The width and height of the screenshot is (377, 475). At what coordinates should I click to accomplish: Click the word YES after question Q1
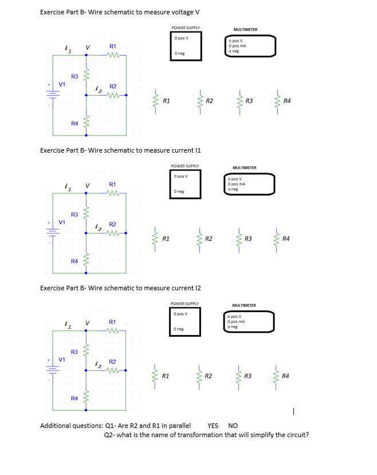point(213,426)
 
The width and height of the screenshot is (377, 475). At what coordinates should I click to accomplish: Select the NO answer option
point(233,426)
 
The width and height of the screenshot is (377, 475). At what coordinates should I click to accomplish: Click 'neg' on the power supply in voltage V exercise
point(180,53)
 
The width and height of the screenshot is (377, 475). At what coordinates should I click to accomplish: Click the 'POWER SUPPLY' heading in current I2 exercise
point(184,303)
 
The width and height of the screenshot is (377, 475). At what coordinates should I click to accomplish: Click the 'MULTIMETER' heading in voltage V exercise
point(245,29)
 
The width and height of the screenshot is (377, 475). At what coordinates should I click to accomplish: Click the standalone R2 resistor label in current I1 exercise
point(209,237)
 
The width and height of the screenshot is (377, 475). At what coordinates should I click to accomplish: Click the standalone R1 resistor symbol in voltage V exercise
point(155,101)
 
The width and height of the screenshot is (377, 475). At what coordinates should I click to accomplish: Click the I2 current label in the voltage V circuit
point(98,87)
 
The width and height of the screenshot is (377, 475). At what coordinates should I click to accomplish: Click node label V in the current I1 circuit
point(87,185)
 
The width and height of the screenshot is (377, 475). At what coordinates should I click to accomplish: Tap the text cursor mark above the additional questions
point(293,411)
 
